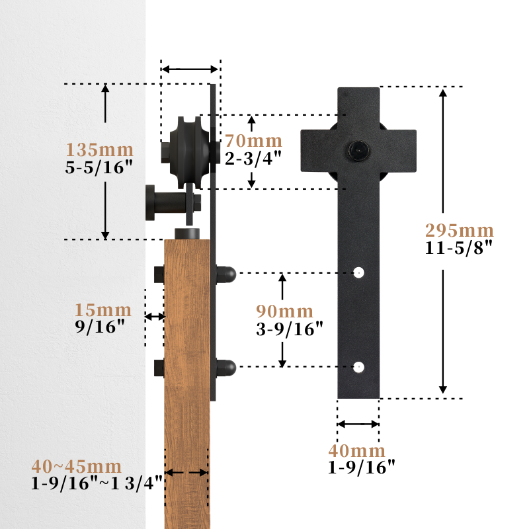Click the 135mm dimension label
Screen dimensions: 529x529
[x=100, y=150]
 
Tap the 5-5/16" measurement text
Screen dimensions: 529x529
[x=99, y=167]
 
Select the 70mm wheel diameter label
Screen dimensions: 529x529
[x=253, y=141]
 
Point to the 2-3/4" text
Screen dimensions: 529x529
[x=253, y=157]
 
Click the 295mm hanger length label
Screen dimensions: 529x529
[x=459, y=231]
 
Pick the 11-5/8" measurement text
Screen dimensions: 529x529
[x=459, y=247]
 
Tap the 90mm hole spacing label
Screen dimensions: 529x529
[x=284, y=311]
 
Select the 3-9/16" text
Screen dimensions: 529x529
[x=290, y=329]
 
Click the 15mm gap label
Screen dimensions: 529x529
[x=103, y=309]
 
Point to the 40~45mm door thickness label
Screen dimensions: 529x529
[x=77, y=467]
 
